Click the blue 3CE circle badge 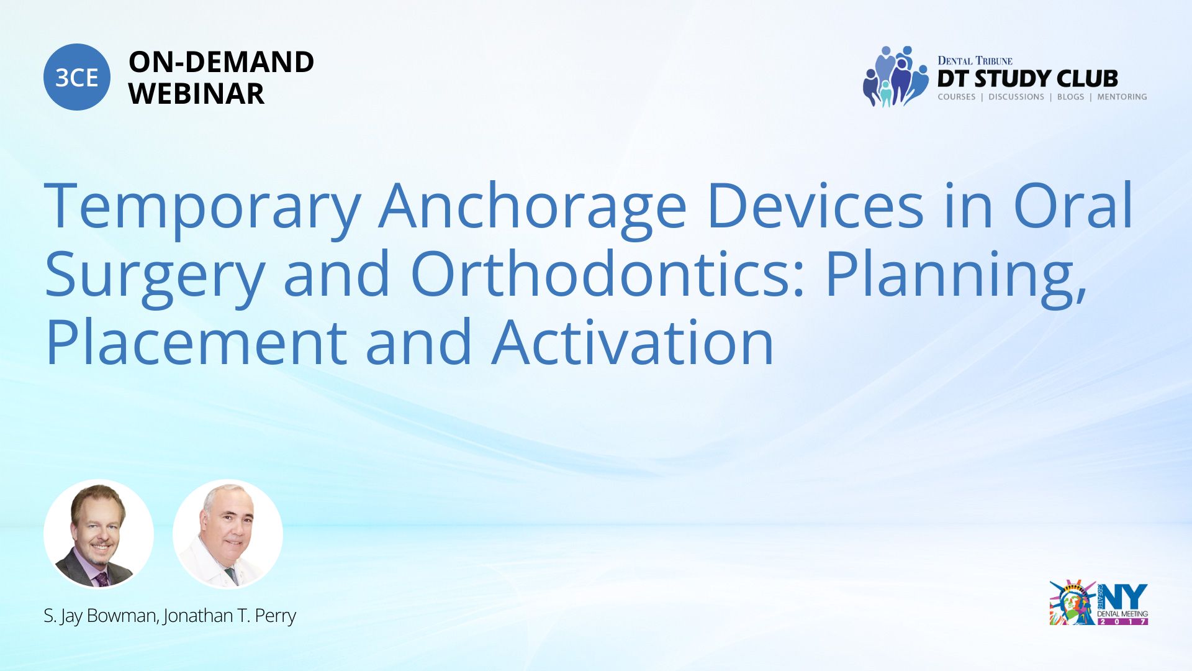[77, 77]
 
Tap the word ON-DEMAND [221, 62]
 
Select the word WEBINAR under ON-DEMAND [196, 94]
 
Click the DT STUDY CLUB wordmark [1027, 78]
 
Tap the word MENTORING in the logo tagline [1122, 97]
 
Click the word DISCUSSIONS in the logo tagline [1016, 97]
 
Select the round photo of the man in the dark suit [99, 534]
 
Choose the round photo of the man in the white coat [228, 534]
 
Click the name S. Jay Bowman [100, 616]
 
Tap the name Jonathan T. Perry [230, 616]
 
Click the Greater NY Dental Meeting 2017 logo [1098, 603]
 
